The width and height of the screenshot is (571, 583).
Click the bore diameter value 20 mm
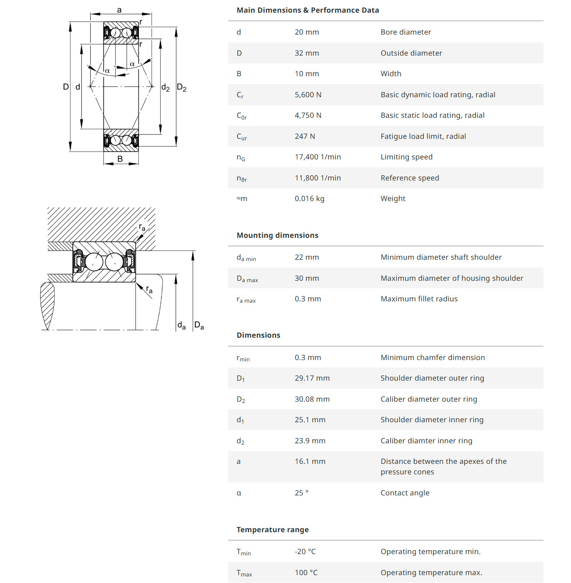point(307,32)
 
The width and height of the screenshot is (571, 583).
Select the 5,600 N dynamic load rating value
point(308,95)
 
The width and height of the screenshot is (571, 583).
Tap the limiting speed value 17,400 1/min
point(317,157)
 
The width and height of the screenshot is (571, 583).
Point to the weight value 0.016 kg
point(309,198)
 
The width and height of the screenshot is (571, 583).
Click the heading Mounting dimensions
point(277,235)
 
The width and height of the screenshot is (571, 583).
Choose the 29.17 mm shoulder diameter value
point(312,378)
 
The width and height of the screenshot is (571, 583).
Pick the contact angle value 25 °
point(301,493)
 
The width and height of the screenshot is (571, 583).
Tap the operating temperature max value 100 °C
point(306,572)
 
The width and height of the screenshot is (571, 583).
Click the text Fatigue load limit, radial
point(423,136)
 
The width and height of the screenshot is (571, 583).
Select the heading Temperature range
point(272,530)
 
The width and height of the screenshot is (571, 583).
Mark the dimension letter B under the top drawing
point(120,159)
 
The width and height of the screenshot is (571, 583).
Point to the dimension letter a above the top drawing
point(119,10)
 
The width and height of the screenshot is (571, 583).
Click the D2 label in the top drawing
point(181,88)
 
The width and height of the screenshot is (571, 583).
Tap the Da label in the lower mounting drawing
point(199,325)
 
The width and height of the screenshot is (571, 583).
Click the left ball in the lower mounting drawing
point(94,262)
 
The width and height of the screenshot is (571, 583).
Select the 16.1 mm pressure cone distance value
point(310,461)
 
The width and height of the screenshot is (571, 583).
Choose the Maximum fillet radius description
point(419,299)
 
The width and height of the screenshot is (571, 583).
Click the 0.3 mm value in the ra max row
point(307,299)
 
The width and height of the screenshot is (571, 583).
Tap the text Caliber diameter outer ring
point(428,399)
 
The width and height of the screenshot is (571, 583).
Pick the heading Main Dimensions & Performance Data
point(307,10)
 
